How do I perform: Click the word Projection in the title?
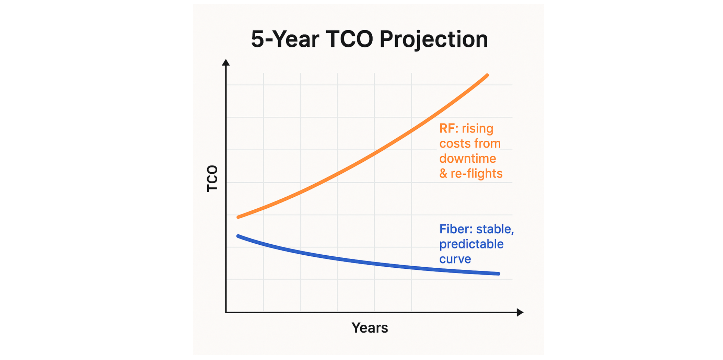[x=433, y=39]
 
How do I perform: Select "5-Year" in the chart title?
[x=285, y=39]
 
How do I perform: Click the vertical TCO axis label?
[x=212, y=178]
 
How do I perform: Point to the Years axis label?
[x=370, y=328]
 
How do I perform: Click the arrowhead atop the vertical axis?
[x=226, y=62]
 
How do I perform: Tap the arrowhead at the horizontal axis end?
[x=520, y=312]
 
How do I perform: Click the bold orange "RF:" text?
[x=448, y=128]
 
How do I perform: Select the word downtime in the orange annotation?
[x=467, y=159]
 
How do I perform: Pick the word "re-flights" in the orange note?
[x=476, y=174]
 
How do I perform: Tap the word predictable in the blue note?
[x=471, y=244]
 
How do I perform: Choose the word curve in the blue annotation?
[x=455, y=259]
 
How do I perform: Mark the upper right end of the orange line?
[x=487, y=75]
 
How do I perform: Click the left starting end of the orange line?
[x=238, y=217]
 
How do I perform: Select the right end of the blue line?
[x=498, y=274]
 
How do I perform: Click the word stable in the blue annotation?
[x=494, y=229]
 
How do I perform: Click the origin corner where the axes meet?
[x=226, y=312]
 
